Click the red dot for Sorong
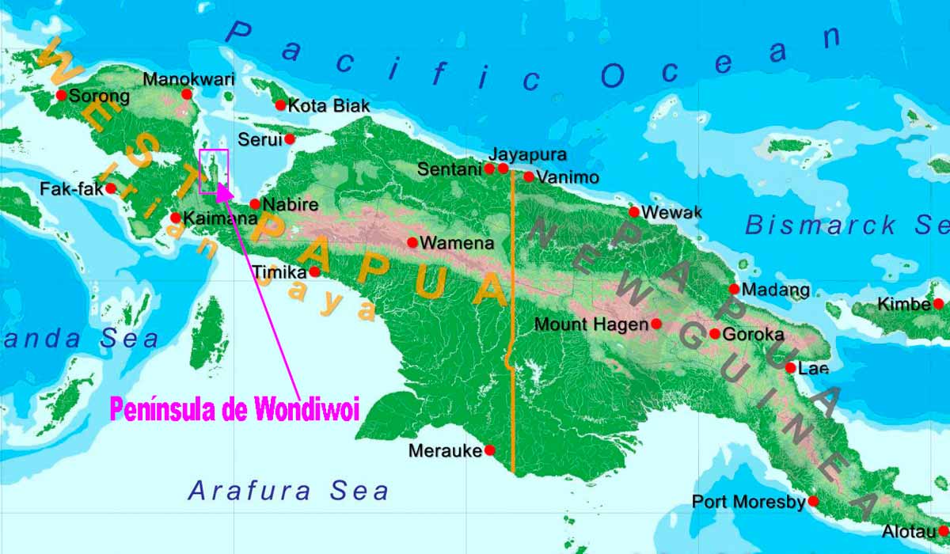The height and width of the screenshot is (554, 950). click(61, 95)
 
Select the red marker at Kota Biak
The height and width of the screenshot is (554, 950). click(280, 105)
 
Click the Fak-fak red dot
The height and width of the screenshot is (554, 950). click(111, 188)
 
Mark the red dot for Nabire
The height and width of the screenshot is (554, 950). click(255, 204)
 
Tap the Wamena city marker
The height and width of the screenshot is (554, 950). click(412, 242)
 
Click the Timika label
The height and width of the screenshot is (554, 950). click(279, 272)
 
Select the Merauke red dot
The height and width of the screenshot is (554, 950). click(489, 450)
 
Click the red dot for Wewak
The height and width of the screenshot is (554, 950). click(634, 211)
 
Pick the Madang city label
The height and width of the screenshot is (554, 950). click(777, 290)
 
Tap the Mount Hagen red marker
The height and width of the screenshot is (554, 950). click(655, 324)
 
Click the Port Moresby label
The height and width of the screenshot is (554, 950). click(748, 502)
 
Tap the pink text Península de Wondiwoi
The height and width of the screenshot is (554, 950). click(234, 410)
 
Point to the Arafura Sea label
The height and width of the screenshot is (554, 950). click(288, 491)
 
